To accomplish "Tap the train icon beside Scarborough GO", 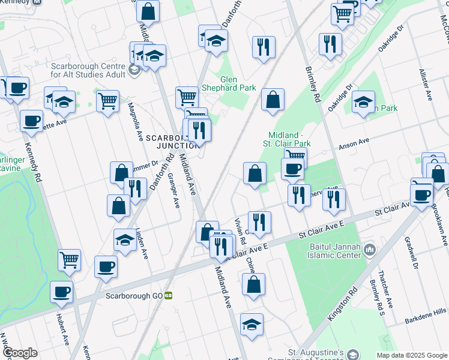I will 169,296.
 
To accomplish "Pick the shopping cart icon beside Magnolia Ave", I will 107,100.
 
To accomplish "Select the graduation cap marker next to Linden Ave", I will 125,241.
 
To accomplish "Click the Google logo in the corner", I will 20,353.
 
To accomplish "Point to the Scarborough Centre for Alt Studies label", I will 88,70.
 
